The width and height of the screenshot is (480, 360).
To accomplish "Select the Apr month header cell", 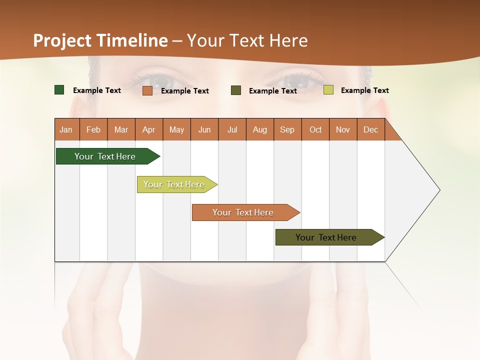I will coord(148,129).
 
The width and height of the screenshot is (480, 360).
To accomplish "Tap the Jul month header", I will coord(232,129).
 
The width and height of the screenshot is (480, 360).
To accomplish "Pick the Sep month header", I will coord(287,129).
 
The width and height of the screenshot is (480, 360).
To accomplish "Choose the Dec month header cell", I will coord(370,129).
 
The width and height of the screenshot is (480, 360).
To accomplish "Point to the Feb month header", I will coord(93,129).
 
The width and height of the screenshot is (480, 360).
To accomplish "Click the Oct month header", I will coord(315,129).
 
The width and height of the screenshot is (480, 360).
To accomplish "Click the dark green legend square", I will coord(59,90).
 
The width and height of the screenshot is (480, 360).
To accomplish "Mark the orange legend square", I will coord(147,90).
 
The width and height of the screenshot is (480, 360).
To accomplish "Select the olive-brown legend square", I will coord(236,90).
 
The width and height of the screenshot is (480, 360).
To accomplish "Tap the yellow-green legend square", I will coord(328,90).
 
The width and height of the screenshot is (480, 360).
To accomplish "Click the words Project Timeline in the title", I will coord(100,40).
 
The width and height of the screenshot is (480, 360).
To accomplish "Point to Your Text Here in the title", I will coord(247,40).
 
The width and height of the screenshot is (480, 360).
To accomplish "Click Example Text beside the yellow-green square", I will coord(364,90).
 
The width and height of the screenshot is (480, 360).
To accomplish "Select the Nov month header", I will coord(343,129).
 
